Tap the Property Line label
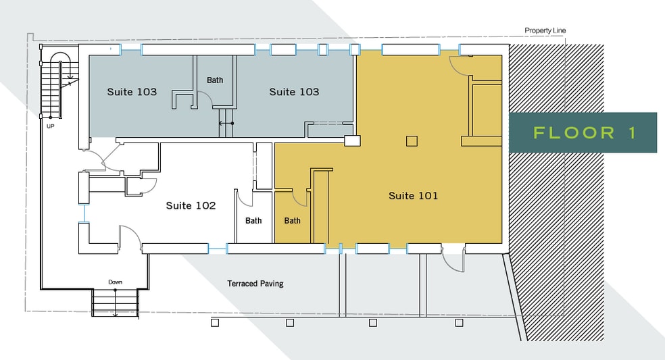point(545,30)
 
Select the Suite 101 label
point(413,195)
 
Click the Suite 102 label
point(191,205)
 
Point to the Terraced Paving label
point(255,284)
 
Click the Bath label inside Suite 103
point(215,80)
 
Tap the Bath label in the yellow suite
point(292,220)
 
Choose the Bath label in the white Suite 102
point(253,220)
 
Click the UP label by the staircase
point(51,126)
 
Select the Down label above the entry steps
point(116,282)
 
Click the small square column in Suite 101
point(412,140)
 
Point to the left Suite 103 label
point(132,92)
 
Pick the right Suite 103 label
point(295,92)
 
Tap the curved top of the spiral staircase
point(59,54)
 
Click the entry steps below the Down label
point(116,303)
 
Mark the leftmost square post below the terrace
point(215,323)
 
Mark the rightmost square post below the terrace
point(459,323)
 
